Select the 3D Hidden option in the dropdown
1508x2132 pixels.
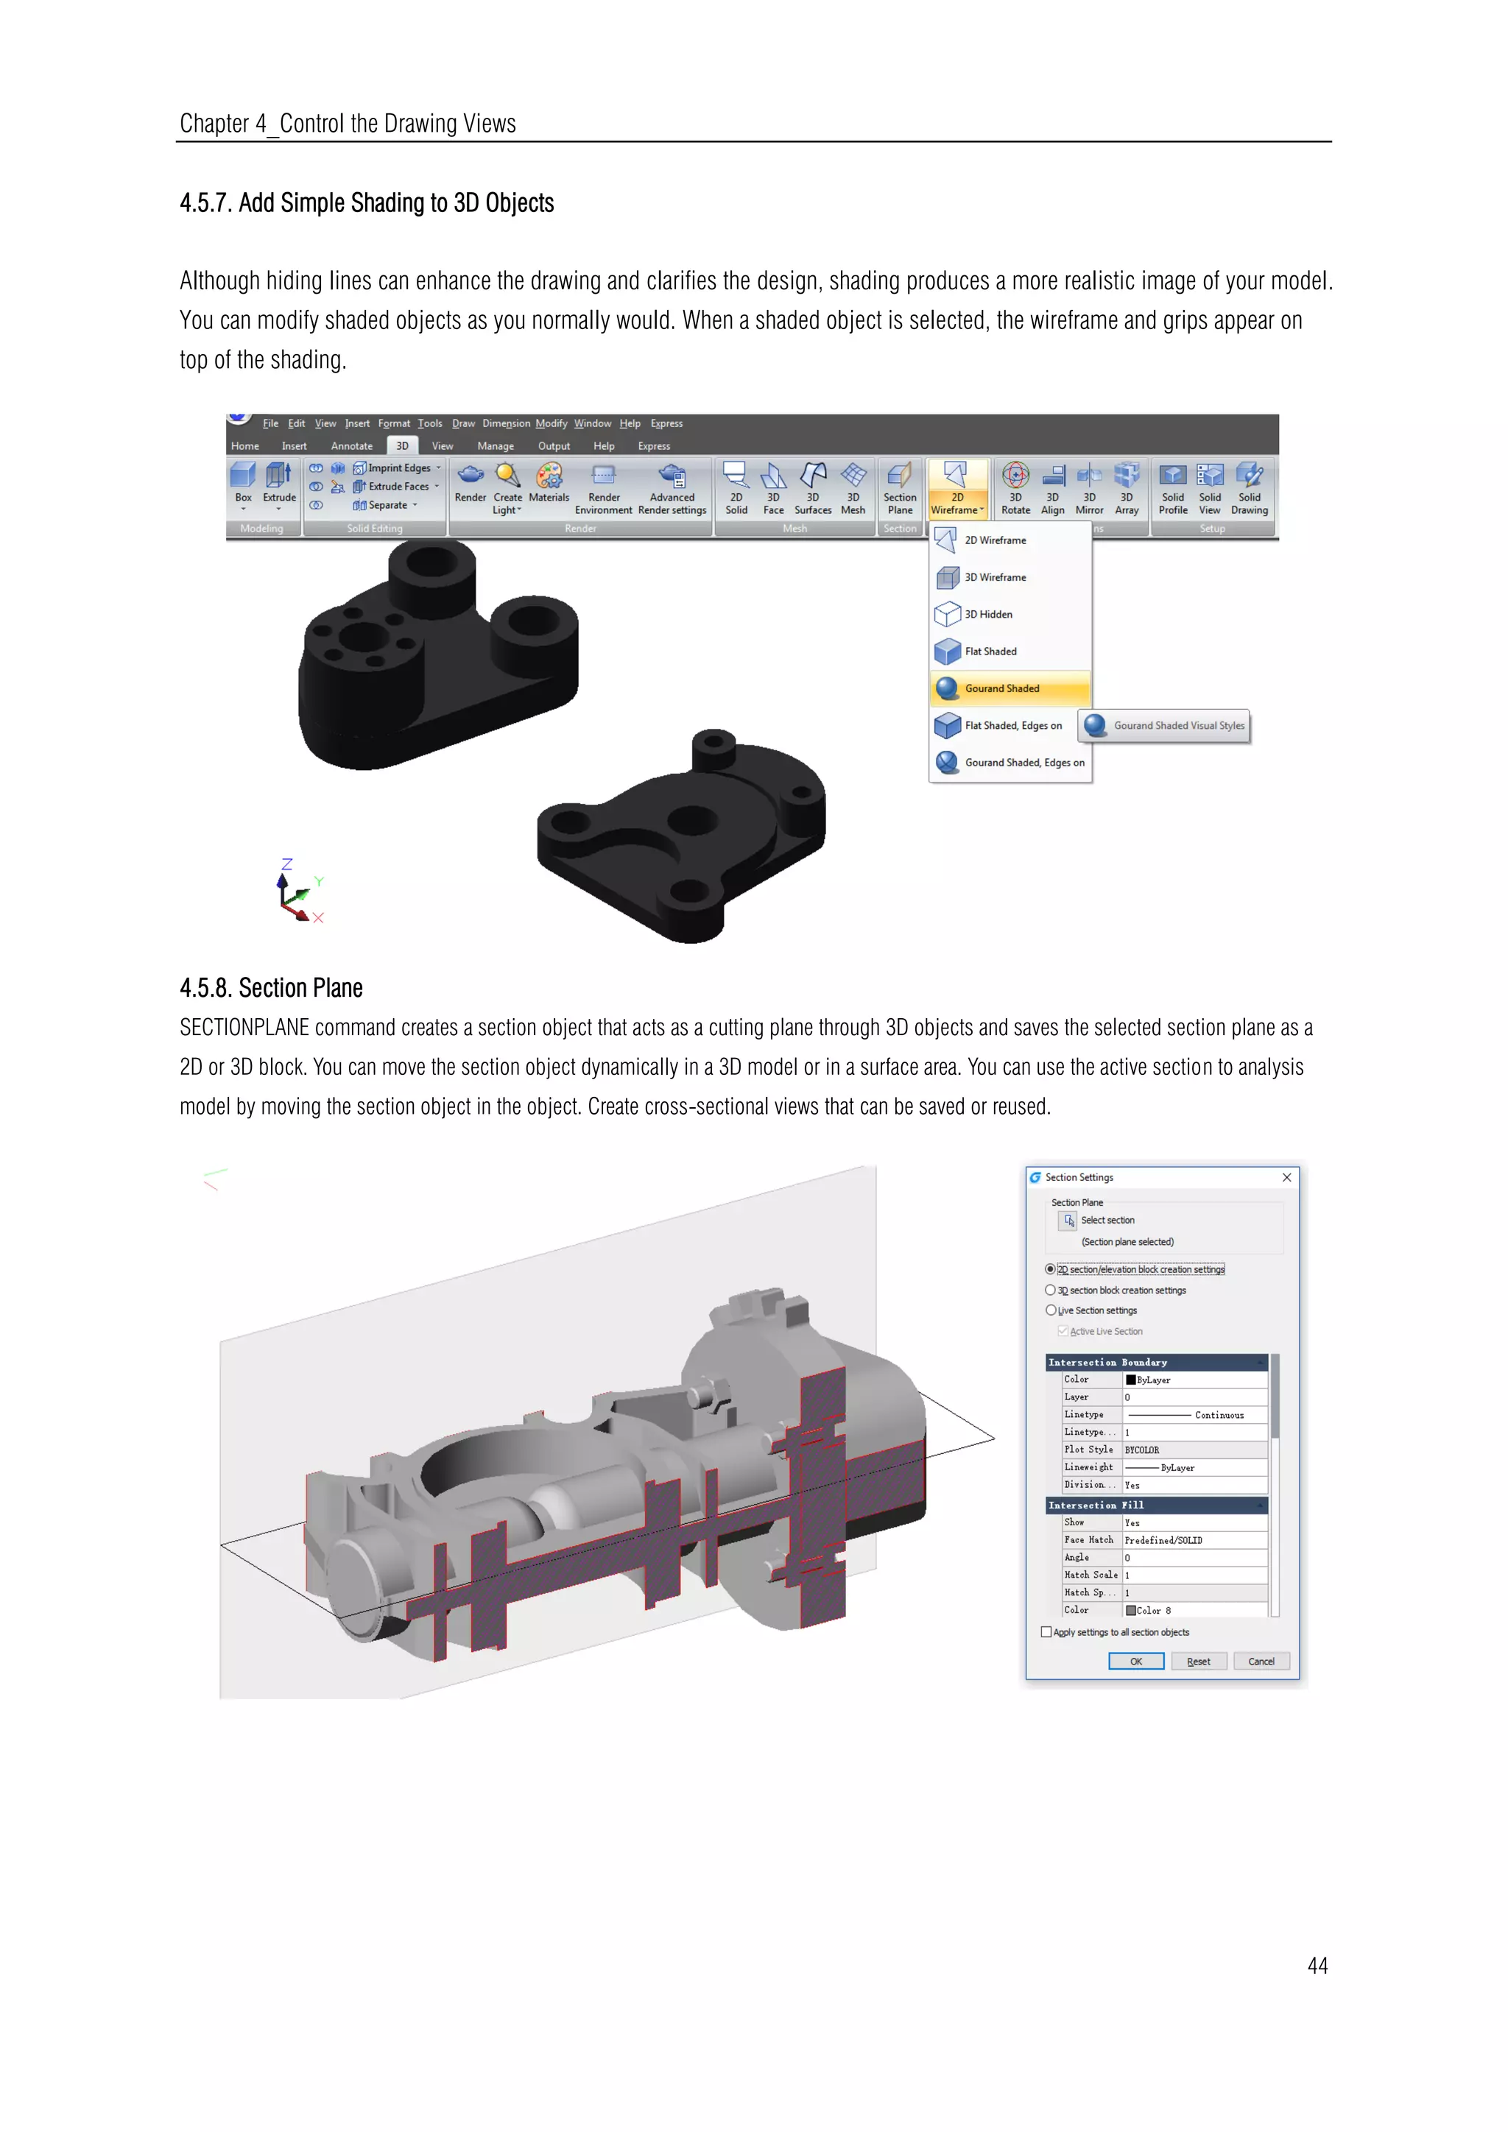click(988, 614)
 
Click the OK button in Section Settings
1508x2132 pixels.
click(1135, 1662)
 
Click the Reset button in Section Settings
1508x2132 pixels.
click(1198, 1662)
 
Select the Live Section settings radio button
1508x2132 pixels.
click(1050, 1310)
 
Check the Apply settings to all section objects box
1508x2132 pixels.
click(1046, 1632)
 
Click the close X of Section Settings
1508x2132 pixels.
click(1286, 1177)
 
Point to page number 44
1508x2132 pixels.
click(1317, 1966)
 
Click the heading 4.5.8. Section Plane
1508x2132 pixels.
click(271, 988)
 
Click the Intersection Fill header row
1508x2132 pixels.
click(1155, 1506)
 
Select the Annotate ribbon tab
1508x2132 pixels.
click(351, 445)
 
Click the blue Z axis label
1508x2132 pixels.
click(287, 864)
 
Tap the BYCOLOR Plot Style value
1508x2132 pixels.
click(1142, 1450)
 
